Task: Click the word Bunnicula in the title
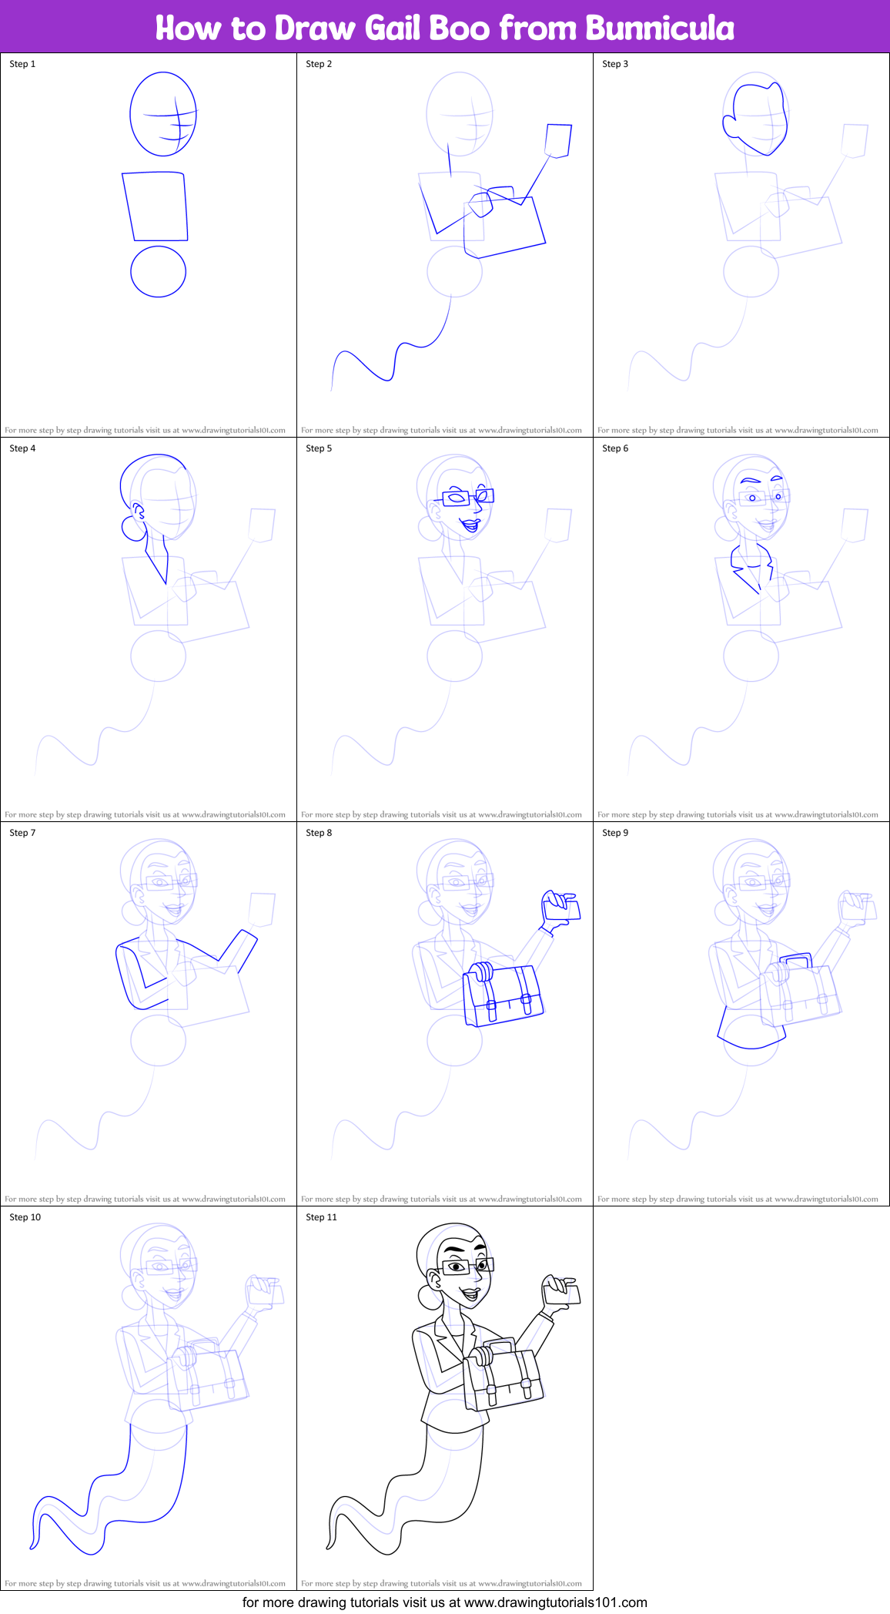[659, 29]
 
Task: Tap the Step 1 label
[22, 64]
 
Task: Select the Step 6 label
[615, 448]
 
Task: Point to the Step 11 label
[321, 1217]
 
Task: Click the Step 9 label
[615, 833]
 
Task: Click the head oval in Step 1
[162, 114]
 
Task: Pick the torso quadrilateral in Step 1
[155, 206]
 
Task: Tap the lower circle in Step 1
[158, 271]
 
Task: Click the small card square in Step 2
[558, 140]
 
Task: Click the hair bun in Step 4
[131, 528]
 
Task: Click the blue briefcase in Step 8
[504, 997]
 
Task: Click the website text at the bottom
[444, 1602]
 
